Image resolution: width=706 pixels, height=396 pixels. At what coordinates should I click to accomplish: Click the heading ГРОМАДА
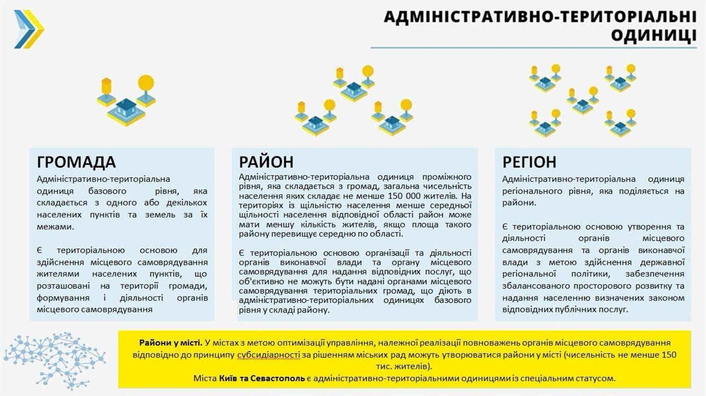[x=76, y=162]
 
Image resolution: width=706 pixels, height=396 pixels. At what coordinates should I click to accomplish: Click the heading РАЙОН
[x=266, y=162]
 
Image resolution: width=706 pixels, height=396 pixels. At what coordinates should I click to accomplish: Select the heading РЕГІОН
[x=529, y=162]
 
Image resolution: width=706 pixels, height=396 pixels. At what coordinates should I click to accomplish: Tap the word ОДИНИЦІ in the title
[x=654, y=35]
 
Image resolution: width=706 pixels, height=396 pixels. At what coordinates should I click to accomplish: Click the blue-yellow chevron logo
[x=29, y=29]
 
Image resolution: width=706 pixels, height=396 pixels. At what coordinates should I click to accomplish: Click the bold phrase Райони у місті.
[x=171, y=343]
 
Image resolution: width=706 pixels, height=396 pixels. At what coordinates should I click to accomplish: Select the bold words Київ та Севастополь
[x=262, y=378]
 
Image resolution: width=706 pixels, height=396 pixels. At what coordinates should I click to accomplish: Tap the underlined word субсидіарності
[x=268, y=355]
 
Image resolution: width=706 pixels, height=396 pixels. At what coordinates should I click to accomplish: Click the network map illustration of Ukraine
[x=54, y=360]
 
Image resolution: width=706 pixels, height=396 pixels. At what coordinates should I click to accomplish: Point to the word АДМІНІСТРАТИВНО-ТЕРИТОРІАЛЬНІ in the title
[x=540, y=17]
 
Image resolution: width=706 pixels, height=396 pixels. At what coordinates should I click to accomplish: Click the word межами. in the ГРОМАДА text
[x=55, y=227]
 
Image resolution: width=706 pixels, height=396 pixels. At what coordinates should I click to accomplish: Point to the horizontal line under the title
[x=534, y=48]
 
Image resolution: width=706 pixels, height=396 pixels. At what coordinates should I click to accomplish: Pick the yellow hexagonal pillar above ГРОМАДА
[x=106, y=86]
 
